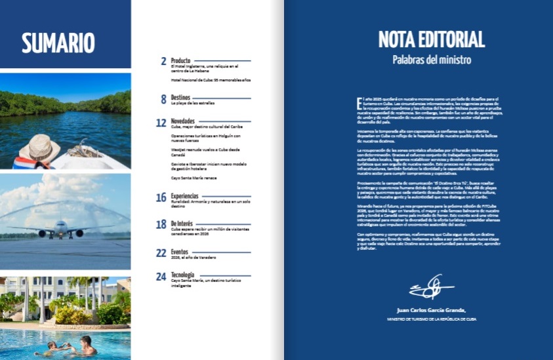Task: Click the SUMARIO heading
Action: coord(58,42)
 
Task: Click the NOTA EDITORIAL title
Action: coord(432,39)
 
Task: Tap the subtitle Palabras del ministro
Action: coord(431,60)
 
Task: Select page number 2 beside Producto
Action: coord(163,61)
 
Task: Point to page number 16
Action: coord(161,197)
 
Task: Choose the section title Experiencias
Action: coord(186,197)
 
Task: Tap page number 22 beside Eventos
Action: coord(161,252)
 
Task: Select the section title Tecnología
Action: coord(184,275)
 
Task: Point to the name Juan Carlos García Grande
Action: coord(431,310)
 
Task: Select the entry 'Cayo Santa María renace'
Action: coord(194,178)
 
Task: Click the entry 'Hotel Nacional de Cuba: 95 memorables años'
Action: coord(210,79)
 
